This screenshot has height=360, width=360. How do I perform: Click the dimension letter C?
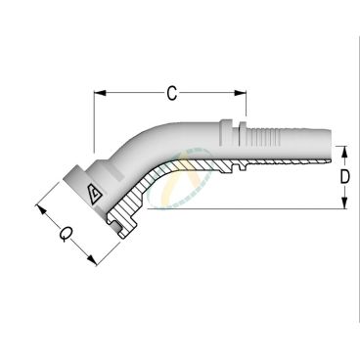pos(171,94)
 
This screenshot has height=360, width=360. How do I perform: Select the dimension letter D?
pos(345,179)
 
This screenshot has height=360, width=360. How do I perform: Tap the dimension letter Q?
pos(65,234)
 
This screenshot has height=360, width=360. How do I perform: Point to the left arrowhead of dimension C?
pos(99,94)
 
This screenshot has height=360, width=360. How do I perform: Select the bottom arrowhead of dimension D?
pos(345,205)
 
